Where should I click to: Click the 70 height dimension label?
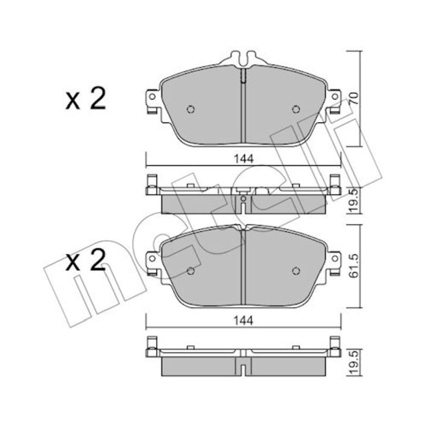tap(354, 98)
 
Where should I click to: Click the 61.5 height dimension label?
tap(354, 266)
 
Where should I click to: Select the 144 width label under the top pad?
tap(244, 159)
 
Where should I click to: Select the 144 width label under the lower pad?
tap(243, 321)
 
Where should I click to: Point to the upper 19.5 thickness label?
tap(354, 200)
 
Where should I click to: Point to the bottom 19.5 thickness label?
tap(354, 362)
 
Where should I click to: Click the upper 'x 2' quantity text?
tap(85, 99)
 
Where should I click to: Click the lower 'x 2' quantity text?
tap(85, 260)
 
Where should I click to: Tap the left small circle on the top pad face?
tap(191, 109)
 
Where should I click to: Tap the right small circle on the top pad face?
tap(296, 109)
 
